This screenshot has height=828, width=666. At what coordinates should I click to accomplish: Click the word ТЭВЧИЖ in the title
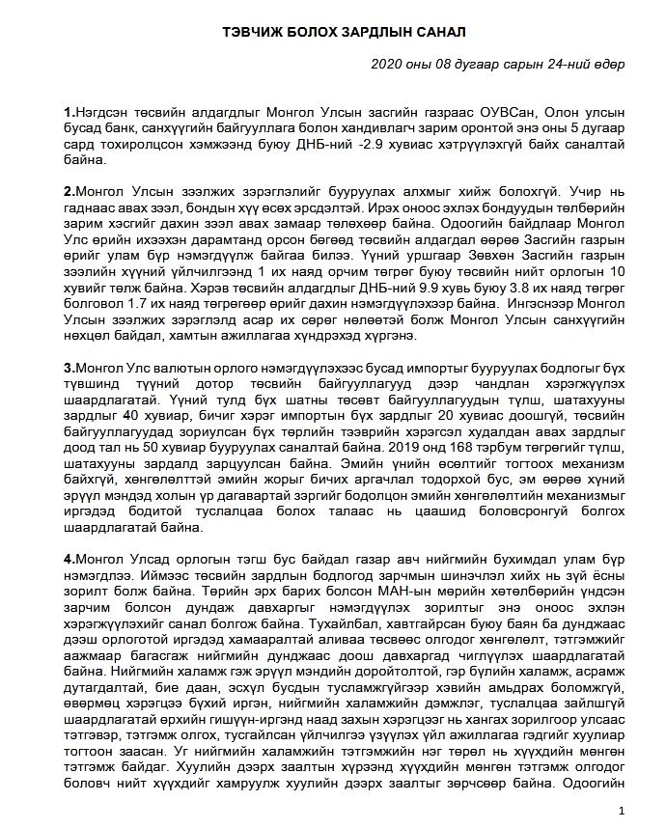pyautogui.click(x=253, y=31)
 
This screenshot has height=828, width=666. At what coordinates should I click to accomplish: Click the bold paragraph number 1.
pyautogui.click(x=66, y=112)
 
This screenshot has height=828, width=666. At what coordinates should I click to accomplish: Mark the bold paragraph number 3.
pyautogui.click(x=66, y=368)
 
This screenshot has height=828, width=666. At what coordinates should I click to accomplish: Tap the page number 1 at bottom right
pyautogui.click(x=622, y=809)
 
